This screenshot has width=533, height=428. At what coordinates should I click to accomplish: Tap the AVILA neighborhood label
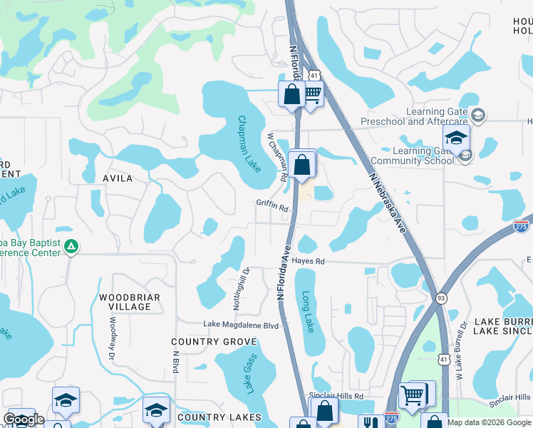click(117, 178)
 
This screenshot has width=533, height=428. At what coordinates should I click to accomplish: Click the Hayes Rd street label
click(307, 262)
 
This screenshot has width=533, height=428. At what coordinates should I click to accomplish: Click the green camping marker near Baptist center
click(71, 247)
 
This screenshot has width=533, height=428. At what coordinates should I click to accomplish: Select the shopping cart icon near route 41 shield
click(312, 92)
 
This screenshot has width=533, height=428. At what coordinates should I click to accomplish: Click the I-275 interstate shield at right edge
click(522, 226)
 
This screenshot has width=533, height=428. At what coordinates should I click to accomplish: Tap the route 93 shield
click(442, 297)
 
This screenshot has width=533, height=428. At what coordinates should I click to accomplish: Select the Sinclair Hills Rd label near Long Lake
click(336, 395)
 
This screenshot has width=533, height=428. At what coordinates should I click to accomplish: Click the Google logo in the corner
click(24, 419)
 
